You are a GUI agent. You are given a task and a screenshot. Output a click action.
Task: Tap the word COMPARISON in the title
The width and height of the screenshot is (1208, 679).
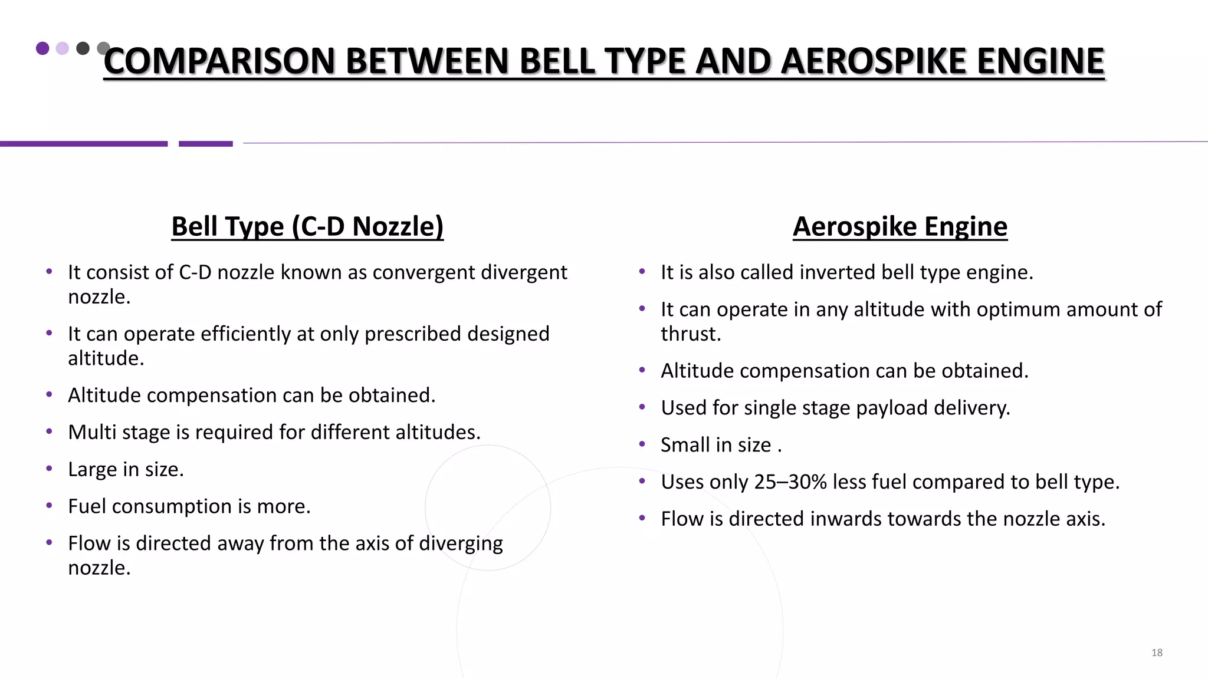coord(219,61)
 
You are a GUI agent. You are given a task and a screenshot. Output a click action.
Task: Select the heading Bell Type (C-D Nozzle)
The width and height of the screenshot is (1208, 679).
coord(307,226)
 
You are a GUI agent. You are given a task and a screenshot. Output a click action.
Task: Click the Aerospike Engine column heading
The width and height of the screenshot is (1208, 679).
coord(900,226)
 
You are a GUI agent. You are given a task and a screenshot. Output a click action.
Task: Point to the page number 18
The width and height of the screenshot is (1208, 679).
coord(1157,652)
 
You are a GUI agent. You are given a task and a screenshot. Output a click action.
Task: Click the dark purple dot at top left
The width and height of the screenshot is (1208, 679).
coord(42,48)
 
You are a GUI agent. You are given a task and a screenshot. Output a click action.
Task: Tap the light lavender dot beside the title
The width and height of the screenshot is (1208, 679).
coord(63,48)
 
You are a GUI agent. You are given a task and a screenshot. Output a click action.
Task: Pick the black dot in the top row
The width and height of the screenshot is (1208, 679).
coord(83,48)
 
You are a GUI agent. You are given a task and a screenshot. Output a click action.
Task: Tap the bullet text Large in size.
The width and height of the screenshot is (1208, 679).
coord(126,470)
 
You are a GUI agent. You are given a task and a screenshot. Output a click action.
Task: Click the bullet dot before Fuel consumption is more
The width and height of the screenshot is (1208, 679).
coord(50,506)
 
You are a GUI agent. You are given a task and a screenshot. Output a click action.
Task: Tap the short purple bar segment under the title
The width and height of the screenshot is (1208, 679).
coord(205,144)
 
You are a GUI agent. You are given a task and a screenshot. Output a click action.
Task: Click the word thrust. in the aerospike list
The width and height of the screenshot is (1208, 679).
coord(691,334)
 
